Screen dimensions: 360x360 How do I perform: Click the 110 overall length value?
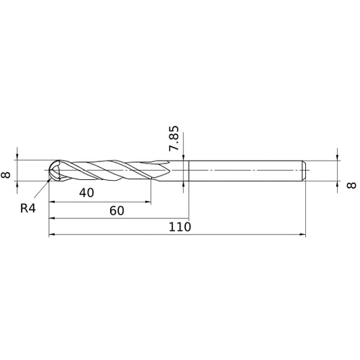click(x=179, y=227)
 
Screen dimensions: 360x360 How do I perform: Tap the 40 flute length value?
click(x=87, y=193)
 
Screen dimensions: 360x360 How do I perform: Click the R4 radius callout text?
click(x=28, y=209)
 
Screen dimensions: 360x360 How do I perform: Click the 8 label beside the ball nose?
click(x=7, y=170)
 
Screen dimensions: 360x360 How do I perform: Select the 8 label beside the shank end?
click(x=351, y=185)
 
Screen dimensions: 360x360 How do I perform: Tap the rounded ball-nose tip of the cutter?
click(x=53, y=170)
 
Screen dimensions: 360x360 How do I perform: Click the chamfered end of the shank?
click(x=305, y=170)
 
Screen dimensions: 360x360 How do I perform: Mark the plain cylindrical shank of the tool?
click(x=245, y=170)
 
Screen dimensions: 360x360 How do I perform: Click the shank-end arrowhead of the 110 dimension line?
click(x=302, y=234)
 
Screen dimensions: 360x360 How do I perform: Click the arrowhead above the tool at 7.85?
click(x=185, y=157)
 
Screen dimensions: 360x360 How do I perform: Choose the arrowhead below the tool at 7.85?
click(x=185, y=184)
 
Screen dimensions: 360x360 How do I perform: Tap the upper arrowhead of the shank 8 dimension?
click(x=337, y=157)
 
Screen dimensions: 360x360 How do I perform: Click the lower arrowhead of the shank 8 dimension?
click(x=337, y=183)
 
